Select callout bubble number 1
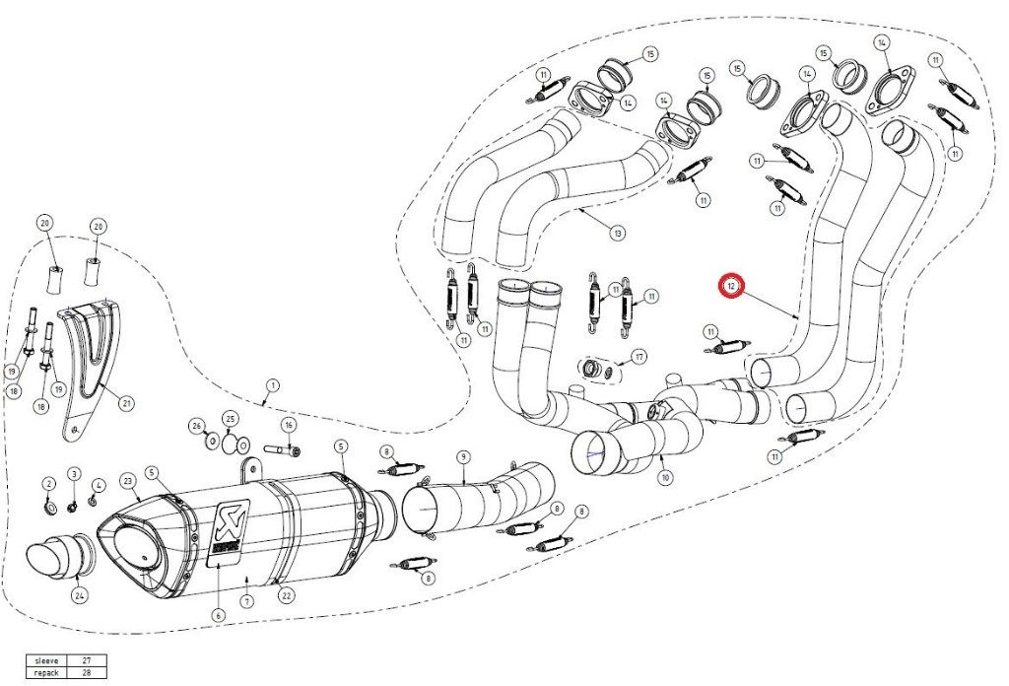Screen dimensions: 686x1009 (272, 385)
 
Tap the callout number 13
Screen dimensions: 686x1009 (617, 234)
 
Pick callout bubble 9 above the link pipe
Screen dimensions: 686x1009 (462, 456)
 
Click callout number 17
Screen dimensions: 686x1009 (639, 356)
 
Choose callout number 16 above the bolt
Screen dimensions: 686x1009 (289, 425)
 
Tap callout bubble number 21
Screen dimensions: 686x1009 (127, 402)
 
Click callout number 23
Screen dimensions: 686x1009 (128, 481)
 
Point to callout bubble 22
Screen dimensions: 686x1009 (287, 593)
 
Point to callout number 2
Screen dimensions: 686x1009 (47, 483)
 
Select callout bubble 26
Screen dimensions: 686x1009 (197, 427)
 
